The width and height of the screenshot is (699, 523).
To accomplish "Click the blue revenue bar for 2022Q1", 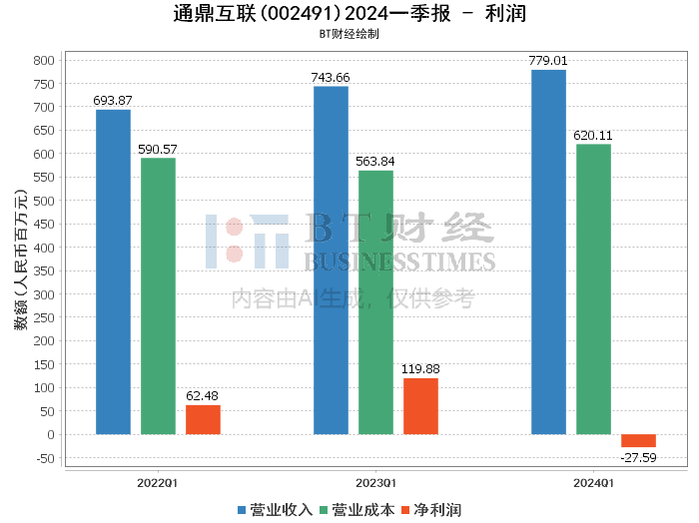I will [x=113, y=271].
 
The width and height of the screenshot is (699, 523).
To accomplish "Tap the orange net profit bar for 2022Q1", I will [x=203, y=419].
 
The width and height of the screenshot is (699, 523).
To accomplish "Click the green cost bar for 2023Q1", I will [x=375, y=301].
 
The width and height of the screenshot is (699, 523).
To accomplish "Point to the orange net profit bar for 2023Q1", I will [x=420, y=406].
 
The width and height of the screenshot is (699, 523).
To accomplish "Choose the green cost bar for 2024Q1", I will [x=593, y=288].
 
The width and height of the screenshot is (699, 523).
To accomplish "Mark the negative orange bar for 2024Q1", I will [x=638, y=440].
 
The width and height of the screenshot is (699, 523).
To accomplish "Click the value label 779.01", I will [x=548, y=61].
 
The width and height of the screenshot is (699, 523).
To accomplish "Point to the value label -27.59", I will [x=638, y=457].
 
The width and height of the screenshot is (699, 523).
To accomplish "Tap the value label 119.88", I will [x=420, y=368].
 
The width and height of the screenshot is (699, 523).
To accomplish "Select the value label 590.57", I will [x=158, y=149].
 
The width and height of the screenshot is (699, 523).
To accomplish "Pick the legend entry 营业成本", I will [x=355, y=509].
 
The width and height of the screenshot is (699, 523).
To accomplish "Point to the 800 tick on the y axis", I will [x=43, y=60].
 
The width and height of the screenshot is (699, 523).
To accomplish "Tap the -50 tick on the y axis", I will [x=43, y=458].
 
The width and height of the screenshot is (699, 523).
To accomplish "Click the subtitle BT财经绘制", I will [x=349, y=34].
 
